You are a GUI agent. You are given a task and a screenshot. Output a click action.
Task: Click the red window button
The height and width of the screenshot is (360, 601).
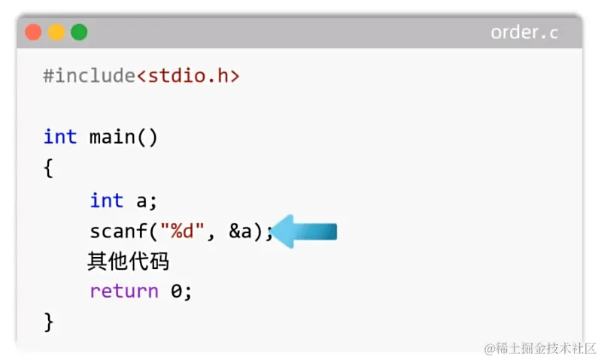tap(33, 32)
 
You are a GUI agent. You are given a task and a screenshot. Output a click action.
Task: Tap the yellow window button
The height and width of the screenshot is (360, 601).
tap(56, 32)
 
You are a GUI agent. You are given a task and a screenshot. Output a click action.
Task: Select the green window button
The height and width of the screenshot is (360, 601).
tap(79, 32)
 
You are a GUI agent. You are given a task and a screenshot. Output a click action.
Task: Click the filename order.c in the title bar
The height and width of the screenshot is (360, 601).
tap(524, 32)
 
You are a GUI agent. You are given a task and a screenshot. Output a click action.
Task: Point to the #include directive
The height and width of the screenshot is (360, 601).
tap(90, 76)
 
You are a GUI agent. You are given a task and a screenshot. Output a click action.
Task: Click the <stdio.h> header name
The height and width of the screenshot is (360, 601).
tap(188, 76)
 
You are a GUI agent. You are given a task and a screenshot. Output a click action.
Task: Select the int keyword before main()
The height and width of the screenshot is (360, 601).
tap(60, 137)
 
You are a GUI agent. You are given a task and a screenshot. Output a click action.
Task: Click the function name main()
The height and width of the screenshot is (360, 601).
tap(123, 137)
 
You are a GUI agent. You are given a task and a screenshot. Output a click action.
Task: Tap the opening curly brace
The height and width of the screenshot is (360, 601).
tap(49, 168)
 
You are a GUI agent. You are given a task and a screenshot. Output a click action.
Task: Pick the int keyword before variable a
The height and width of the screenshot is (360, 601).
tap(106, 201)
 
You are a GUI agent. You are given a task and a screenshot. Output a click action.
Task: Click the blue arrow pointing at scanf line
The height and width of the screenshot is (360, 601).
tap(305, 231)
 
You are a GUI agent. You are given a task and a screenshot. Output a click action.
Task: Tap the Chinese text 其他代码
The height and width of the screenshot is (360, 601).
tap(128, 262)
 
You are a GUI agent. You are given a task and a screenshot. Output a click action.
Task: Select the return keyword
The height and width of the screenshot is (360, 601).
tap(124, 292)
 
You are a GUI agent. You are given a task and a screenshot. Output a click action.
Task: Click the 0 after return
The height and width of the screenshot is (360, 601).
tap(177, 292)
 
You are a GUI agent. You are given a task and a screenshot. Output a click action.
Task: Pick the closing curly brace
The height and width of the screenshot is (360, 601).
tap(49, 322)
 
